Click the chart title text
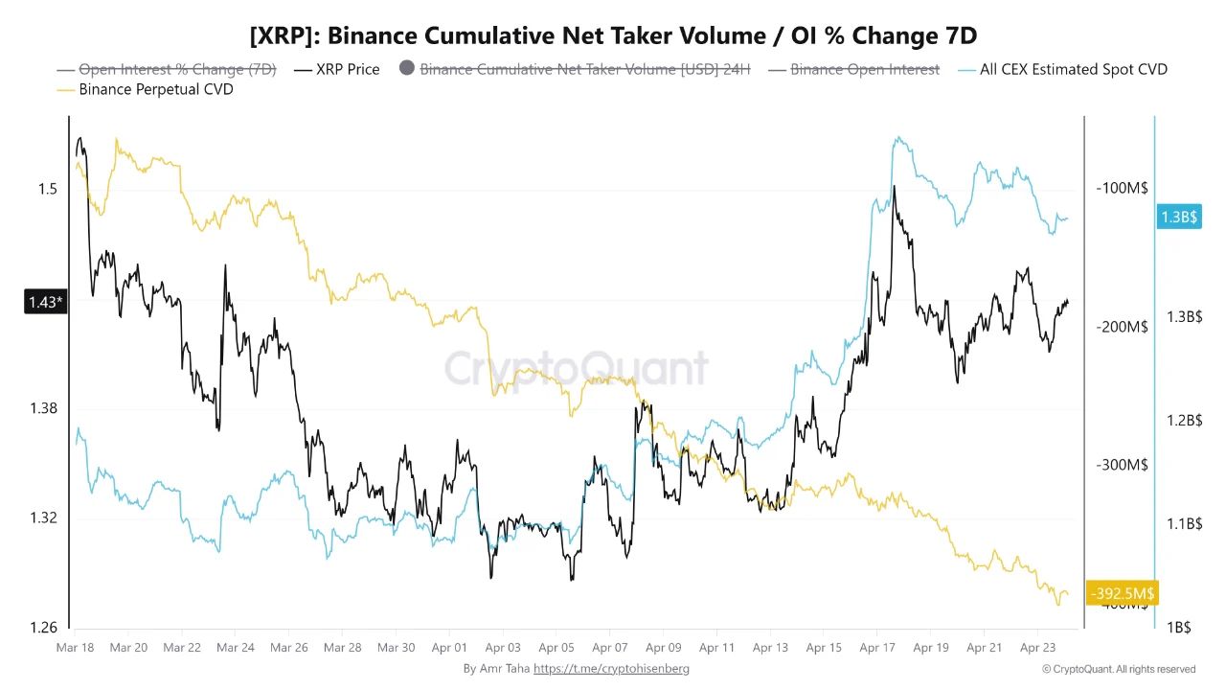coord(613,36)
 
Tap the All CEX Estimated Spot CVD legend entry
coord(1073,69)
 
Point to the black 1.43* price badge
coord(44,303)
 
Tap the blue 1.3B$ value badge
coord(1177,218)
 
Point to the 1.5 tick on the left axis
coord(48,189)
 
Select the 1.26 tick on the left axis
coord(43,628)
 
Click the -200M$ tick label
coord(1122,327)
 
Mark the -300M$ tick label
coord(1122,465)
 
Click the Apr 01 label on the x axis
coord(449,648)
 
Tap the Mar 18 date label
coord(75,648)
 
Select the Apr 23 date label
coord(1037,648)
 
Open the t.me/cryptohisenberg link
coord(611,668)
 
